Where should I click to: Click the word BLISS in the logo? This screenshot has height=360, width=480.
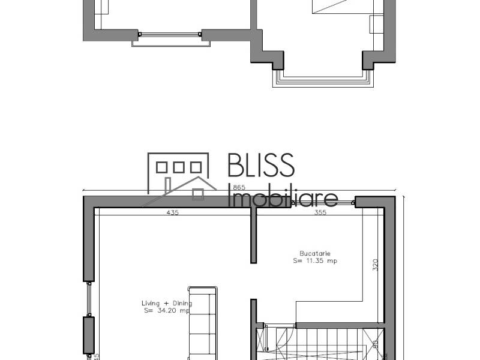pos(261,166)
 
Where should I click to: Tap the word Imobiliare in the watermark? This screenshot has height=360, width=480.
pos(283,196)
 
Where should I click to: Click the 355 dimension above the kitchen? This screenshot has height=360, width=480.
pos(320,212)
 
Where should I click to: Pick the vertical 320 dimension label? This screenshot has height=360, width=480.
pos(376,266)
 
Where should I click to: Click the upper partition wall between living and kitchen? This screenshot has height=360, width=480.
pos(254,237)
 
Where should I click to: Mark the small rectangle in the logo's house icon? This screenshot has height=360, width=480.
pos(197,193)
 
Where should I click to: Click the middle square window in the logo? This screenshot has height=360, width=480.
pos(179,167)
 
